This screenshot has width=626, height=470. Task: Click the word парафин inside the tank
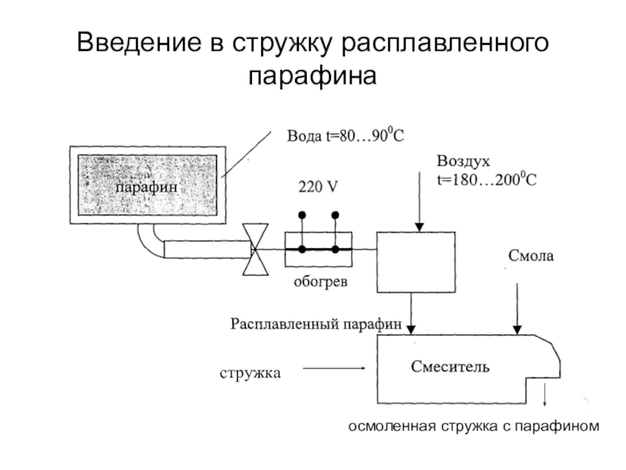click(x=147, y=188)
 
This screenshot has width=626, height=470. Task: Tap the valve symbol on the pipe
click(x=254, y=249)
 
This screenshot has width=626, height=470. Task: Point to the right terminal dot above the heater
click(x=336, y=215)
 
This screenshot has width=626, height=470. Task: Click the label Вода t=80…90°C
click(x=345, y=136)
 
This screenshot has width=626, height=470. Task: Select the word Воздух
click(x=462, y=161)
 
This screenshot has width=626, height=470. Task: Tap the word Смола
click(x=531, y=255)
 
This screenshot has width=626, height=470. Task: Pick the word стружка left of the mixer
click(x=250, y=374)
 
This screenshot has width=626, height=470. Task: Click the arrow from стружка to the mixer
click(x=333, y=368)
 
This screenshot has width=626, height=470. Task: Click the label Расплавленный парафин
click(x=316, y=323)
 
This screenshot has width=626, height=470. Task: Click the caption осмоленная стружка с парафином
click(x=473, y=427)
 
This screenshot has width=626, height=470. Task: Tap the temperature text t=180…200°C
click(x=486, y=179)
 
